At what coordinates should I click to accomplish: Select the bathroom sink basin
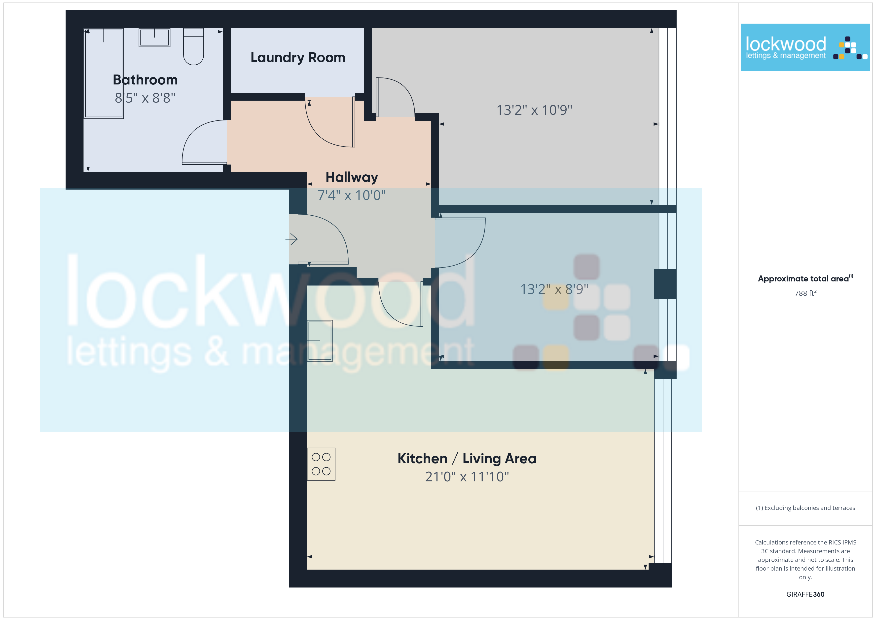pos(154,38)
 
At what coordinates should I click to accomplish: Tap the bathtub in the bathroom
pos(104,73)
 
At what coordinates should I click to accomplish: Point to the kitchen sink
pos(320,341)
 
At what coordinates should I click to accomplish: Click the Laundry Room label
pos(298,57)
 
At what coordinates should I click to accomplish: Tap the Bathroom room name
pos(145,80)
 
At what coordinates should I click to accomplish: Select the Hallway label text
pos(352,177)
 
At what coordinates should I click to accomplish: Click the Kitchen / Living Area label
pos(467,459)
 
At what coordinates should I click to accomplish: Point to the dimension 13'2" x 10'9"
pos(534,110)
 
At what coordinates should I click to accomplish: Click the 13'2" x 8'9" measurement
pos(554,289)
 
